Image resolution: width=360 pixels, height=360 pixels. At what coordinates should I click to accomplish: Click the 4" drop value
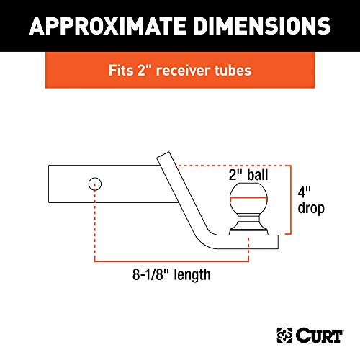point(307,192)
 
